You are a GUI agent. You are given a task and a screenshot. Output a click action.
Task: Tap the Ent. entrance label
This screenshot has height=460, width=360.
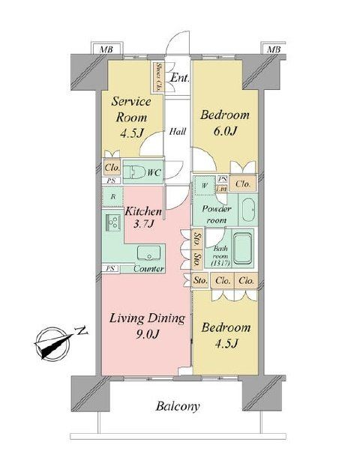pyautogui.click(x=178, y=77)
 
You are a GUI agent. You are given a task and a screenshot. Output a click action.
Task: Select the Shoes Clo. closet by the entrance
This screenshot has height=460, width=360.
pyautogui.click(x=159, y=76)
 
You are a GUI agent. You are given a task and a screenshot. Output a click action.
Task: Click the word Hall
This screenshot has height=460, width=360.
pyautogui.click(x=177, y=131)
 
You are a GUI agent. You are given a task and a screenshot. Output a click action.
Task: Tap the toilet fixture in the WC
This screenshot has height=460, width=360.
pyautogui.click(x=136, y=172)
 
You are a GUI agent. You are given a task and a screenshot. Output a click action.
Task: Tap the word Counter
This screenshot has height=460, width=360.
pyautogui.click(x=148, y=268)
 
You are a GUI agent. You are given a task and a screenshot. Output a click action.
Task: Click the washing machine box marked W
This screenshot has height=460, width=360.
pyautogui.click(x=204, y=185)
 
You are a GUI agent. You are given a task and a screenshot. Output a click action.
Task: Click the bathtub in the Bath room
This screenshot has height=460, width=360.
pyautogui.click(x=243, y=248)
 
